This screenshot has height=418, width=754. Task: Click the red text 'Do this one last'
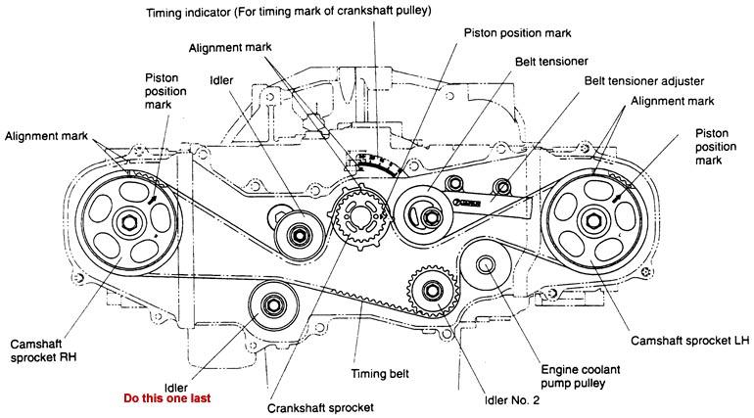tap(166, 398)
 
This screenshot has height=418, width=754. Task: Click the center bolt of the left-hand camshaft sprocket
tap(592, 217)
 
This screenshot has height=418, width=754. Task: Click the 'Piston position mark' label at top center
tap(508, 31)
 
